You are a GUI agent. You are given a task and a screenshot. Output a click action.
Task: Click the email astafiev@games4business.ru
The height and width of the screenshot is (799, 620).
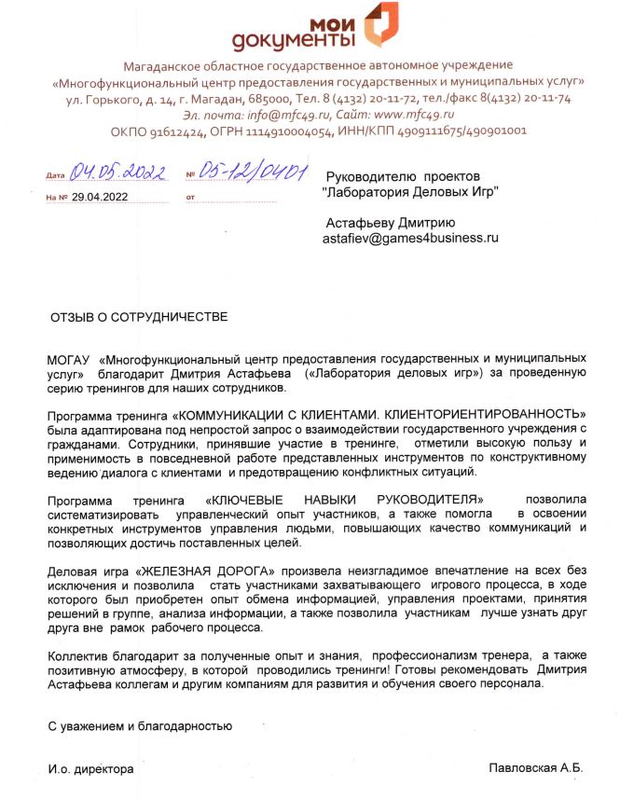click(411, 239)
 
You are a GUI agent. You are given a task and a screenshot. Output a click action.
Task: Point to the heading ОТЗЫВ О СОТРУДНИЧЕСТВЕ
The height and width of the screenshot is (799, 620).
click(138, 317)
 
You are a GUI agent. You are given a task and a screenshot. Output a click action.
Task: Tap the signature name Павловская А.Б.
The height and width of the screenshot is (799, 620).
click(535, 767)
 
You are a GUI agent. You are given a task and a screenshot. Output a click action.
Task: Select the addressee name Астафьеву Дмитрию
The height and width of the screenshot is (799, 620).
click(390, 223)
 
